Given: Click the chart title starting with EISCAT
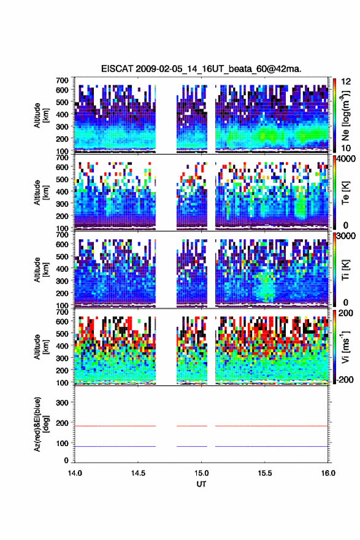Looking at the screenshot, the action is coord(201,69).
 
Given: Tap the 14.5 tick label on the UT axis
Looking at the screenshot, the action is coord(138,473).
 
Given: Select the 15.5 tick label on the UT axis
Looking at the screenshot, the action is coord(265,473).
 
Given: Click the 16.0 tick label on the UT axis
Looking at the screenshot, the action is coord(328,473).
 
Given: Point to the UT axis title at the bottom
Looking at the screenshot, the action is coord(201,484).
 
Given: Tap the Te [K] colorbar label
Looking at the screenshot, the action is coord(345,193).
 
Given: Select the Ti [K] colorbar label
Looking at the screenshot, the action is coord(345,269).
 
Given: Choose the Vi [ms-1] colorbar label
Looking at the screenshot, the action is coord(345,347).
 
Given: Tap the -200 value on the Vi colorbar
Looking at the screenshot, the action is coord(345,379).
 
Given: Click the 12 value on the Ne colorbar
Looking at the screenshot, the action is coord(347,82).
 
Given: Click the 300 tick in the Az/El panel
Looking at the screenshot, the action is coord(63,403).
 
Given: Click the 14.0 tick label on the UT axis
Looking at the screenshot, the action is coord(75,473).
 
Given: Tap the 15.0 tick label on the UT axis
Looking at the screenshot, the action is coord(201,473).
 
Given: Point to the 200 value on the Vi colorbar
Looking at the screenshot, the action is coord(346,313).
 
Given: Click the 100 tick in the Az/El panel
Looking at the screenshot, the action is coord(63,443).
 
